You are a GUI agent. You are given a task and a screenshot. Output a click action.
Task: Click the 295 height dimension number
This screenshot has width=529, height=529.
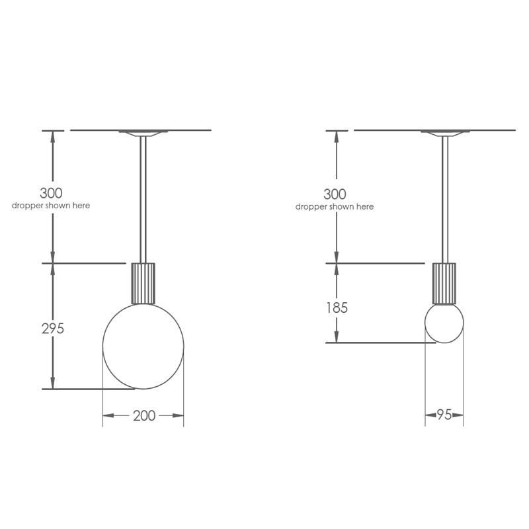point(53,328)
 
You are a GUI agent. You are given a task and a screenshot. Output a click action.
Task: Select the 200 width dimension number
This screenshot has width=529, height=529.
point(144,416)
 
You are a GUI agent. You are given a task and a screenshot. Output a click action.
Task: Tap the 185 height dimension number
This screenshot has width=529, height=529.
point(337,307)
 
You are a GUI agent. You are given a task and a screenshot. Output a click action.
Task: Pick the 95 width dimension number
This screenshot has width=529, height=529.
point(444,415)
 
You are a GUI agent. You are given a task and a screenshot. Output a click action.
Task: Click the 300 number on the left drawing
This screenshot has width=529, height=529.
point(51,193)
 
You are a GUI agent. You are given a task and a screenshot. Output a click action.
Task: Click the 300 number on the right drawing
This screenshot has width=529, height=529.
point(335,194)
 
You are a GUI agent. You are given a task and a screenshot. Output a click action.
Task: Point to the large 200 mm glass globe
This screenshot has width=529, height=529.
point(102,346)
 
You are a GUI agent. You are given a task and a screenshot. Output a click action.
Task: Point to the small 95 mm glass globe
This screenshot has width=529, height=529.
point(425,323)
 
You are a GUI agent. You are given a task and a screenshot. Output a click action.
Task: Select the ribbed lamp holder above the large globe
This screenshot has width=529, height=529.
point(143,284)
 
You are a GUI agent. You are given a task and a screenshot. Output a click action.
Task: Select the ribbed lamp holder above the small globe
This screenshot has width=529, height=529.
point(444,284)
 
